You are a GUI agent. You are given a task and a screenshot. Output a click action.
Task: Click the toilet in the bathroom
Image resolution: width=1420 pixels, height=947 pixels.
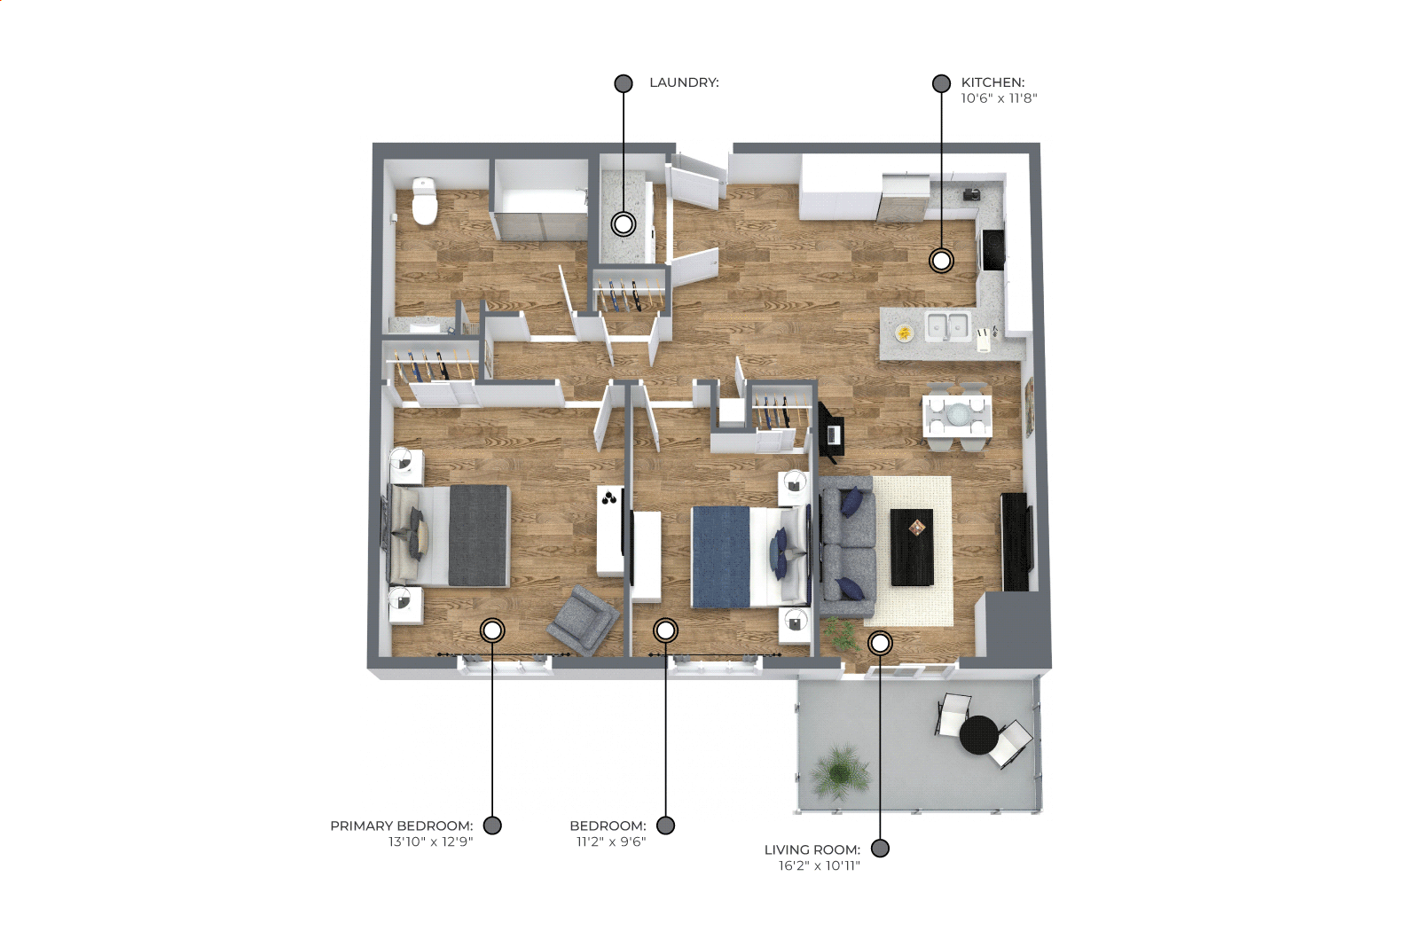click(425, 201)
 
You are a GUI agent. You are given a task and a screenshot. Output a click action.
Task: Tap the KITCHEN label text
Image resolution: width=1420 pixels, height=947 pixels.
click(992, 82)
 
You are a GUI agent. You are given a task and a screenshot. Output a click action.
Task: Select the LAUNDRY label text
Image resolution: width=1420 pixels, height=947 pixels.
click(684, 82)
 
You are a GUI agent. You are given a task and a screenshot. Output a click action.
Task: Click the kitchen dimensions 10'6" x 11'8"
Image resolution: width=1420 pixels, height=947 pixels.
click(999, 98)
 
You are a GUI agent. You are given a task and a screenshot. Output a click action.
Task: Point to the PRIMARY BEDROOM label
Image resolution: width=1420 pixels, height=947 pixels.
click(401, 826)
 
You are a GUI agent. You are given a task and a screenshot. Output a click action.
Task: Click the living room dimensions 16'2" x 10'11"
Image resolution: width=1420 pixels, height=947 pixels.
click(819, 865)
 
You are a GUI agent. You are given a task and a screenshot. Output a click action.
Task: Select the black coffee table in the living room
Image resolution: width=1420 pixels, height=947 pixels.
click(912, 547)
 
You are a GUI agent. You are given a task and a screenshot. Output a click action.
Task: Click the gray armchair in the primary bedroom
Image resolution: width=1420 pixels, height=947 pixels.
click(583, 620)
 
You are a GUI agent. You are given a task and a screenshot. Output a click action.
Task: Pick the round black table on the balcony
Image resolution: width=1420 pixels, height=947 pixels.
click(979, 735)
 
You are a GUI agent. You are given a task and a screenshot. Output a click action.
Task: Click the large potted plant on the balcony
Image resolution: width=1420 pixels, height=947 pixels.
click(839, 771)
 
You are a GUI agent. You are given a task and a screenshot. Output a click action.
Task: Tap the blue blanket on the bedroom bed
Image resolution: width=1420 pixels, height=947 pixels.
click(721, 557)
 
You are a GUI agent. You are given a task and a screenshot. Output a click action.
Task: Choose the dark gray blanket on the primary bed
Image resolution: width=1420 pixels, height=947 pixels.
click(479, 536)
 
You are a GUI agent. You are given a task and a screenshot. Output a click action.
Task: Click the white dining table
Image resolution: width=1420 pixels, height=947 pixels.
click(957, 415)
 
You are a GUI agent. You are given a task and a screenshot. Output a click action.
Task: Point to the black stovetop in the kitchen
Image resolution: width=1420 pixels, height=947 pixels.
click(993, 249)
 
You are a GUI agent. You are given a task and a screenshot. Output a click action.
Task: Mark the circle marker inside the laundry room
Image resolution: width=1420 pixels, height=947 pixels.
click(624, 223)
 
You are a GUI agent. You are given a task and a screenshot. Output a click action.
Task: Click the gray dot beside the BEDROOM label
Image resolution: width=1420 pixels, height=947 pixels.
click(665, 826)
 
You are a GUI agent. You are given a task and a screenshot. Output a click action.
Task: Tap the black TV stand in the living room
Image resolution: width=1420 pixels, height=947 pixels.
click(1015, 542)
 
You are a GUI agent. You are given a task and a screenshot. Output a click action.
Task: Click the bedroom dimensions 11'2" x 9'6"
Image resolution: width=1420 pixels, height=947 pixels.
click(611, 841)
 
